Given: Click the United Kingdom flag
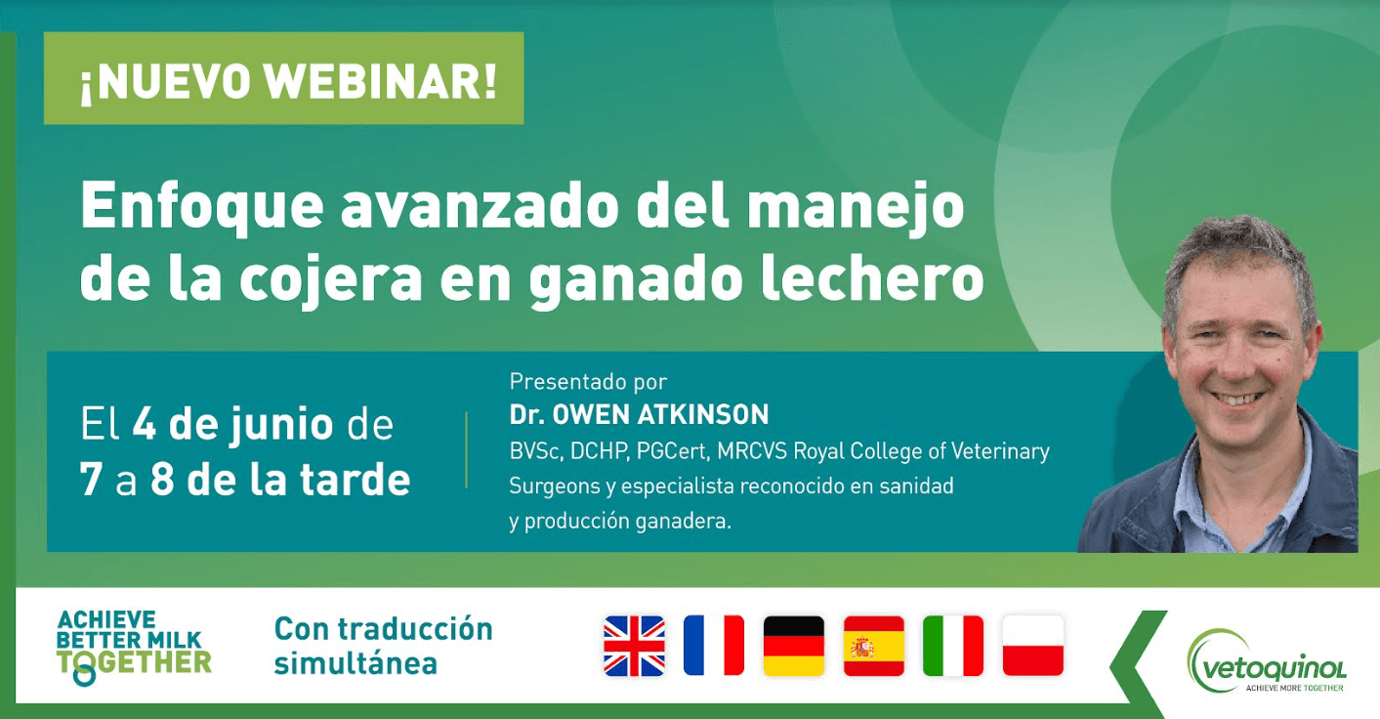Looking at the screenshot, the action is [634, 646].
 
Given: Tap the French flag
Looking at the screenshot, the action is [713, 646].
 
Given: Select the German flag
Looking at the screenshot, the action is [793, 646].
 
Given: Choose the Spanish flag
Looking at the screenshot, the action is [873, 646].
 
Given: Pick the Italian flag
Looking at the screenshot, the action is [953, 646].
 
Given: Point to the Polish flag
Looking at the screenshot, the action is [1033, 646].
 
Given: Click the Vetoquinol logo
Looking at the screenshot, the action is [1266, 661].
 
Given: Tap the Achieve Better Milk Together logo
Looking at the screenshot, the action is [134, 647].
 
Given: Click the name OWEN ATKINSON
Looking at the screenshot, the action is [660, 414].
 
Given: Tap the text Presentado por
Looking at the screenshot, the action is [588, 382].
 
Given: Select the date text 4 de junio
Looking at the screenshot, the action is [232, 425].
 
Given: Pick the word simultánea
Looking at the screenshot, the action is [355, 663].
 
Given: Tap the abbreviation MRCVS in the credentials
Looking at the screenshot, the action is [752, 451].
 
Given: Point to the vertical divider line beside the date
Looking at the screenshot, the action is [467, 450].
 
